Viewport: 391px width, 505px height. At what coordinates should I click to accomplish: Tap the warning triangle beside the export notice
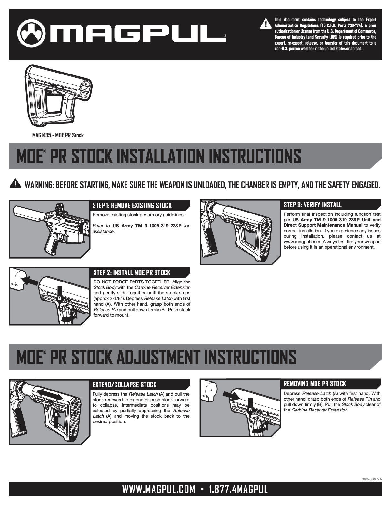click(266, 24)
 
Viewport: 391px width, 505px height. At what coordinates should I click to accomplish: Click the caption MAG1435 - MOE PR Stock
click(58, 135)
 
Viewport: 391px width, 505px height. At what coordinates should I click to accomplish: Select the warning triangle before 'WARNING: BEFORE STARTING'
click(15, 183)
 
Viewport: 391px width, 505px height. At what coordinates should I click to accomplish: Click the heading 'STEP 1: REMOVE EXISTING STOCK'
click(132, 205)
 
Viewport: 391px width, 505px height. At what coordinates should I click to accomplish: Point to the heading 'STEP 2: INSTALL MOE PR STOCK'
click(132, 272)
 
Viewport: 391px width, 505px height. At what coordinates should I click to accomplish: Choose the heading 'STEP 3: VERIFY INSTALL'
click(312, 205)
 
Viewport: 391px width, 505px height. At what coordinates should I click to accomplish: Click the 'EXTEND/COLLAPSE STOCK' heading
click(125, 385)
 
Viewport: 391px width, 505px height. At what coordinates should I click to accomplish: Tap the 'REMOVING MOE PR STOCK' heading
click(315, 384)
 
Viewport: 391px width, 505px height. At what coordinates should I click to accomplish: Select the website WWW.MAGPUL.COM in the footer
click(158, 490)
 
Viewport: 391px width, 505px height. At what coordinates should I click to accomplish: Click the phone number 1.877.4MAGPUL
click(238, 490)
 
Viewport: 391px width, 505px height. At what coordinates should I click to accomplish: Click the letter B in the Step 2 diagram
click(59, 298)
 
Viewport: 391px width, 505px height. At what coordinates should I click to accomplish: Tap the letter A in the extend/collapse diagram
click(56, 414)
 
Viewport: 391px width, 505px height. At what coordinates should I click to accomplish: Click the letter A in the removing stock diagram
click(265, 426)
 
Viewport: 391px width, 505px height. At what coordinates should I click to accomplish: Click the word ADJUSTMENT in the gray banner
click(158, 357)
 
